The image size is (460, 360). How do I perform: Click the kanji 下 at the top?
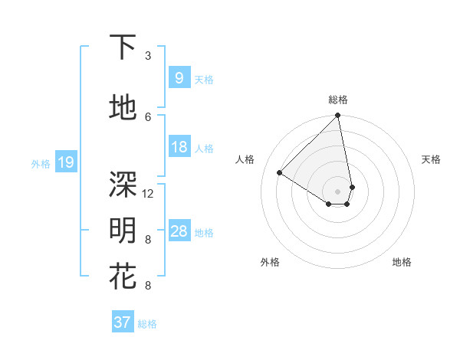[123, 47]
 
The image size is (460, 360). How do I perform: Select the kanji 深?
[123, 184]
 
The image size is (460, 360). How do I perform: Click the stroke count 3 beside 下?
[148, 56]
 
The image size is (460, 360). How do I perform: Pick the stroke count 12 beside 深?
[149, 193]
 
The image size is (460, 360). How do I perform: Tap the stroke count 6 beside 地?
[148, 116]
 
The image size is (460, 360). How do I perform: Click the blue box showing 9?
[179, 77]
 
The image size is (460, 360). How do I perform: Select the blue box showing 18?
[179, 147]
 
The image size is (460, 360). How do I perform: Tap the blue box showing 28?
[179, 231]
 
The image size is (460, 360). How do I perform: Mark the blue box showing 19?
[65, 162]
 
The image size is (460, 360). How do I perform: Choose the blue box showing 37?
[122, 322]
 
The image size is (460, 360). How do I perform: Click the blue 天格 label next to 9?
[204, 79]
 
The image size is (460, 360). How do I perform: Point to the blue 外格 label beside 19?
[41, 163]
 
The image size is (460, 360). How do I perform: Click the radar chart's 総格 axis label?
[338, 100]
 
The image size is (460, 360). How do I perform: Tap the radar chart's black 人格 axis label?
[245, 159]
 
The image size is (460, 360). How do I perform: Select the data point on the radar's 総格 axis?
[338, 116]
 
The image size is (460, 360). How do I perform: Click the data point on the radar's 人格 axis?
[280, 173]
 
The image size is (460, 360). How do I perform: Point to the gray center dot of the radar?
[338, 191]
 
